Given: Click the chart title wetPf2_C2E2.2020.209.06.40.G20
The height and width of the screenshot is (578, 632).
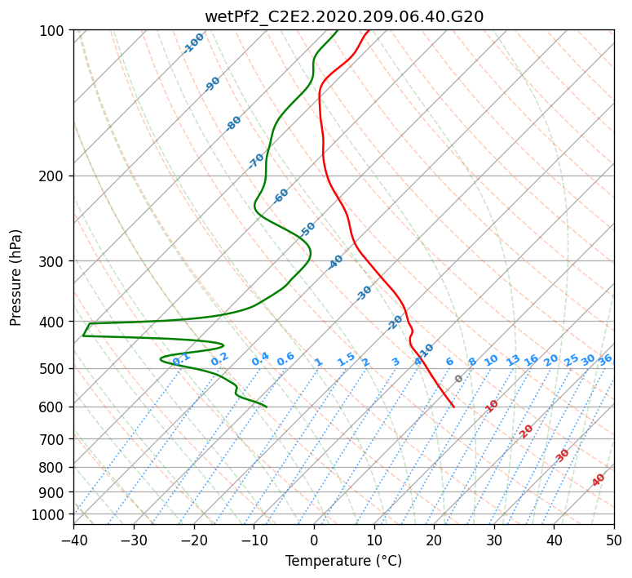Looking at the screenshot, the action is [x=344, y=16].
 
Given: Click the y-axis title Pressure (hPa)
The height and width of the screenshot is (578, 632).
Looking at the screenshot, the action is [x=15, y=278].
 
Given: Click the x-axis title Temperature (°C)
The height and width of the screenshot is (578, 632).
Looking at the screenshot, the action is [x=344, y=561].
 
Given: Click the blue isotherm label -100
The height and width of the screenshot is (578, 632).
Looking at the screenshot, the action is [x=193, y=43].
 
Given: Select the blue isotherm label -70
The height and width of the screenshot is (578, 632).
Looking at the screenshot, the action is [x=256, y=161].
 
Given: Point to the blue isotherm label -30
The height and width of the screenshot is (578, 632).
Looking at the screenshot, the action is [x=364, y=293].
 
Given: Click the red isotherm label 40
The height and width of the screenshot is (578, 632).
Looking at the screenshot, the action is [x=598, y=480].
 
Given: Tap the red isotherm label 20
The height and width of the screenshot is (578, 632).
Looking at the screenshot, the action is [x=526, y=432].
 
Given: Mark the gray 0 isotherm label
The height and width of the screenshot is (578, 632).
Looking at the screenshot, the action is [x=458, y=379].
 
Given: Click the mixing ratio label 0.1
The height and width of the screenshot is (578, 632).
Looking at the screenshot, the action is [x=181, y=358].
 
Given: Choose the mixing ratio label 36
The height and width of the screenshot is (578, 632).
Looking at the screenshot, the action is [x=605, y=360].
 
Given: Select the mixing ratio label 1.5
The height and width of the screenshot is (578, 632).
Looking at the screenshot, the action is [x=347, y=359].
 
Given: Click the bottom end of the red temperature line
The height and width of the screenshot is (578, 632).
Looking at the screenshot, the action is [x=454, y=407].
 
